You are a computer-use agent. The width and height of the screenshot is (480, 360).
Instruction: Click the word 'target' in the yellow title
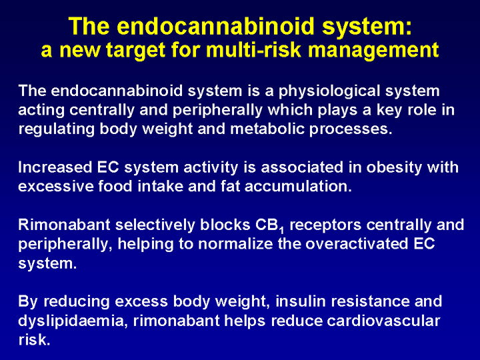click(x=135, y=50)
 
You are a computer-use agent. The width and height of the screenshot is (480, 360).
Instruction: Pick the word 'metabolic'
click(x=267, y=129)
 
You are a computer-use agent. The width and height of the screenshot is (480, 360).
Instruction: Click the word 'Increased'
click(x=55, y=167)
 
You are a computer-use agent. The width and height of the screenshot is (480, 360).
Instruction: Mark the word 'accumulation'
click(x=298, y=187)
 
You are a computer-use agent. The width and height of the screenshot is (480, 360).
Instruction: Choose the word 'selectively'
click(x=155, y=225)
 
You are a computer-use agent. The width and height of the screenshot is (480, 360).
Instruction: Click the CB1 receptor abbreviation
click(x=269, y=226)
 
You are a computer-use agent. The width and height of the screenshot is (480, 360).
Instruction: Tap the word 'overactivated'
click(x=357, y=244)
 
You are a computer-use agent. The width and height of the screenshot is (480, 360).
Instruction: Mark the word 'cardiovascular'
click(x=383, y=321)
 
